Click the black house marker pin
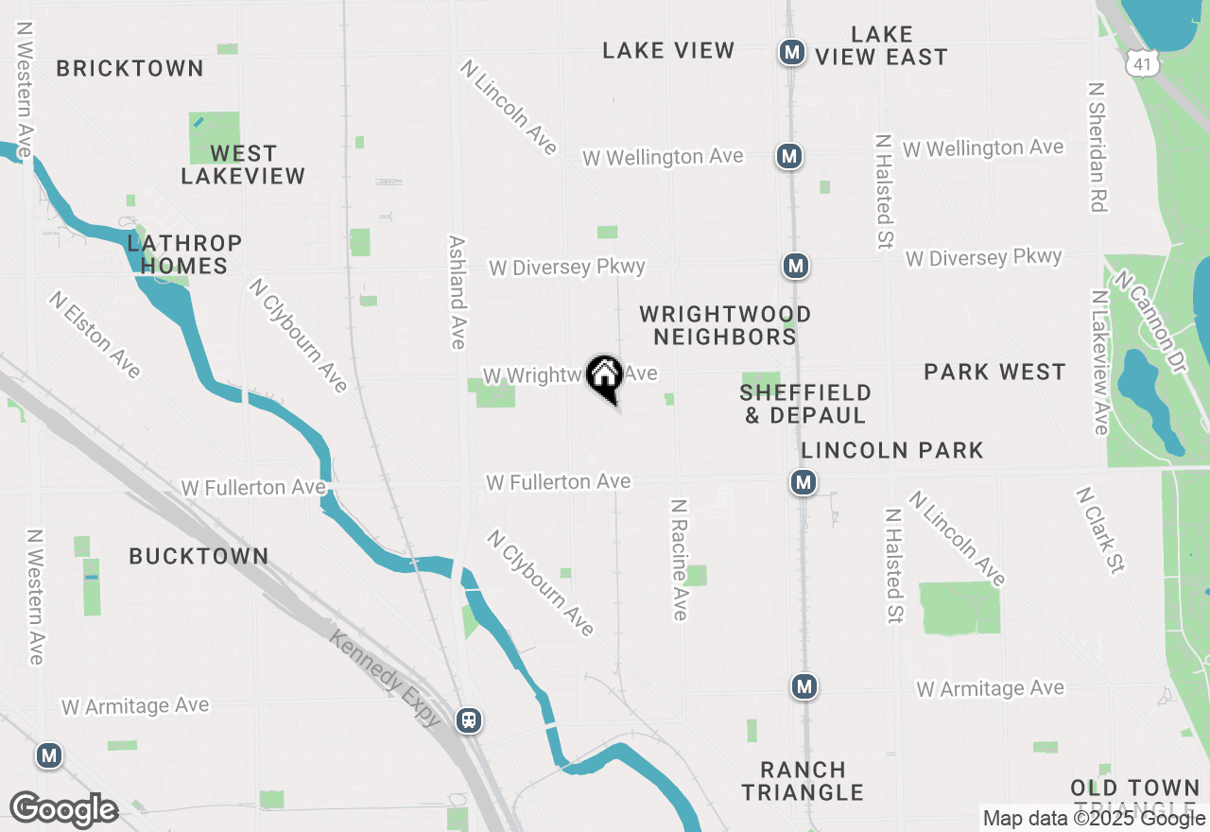(605, 376)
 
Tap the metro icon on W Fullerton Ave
(804, 483)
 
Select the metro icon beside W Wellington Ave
(789, 156)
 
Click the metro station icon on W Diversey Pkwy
(796, 267)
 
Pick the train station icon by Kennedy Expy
(468, 720)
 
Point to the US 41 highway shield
(1143, 63)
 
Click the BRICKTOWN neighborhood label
(130, 68)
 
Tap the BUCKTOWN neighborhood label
(199, 556)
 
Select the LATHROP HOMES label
(184, 254)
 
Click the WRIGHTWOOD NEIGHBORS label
(725, 325)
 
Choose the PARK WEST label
(994, 372)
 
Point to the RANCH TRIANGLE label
(803, 781)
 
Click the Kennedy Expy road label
(386, 678)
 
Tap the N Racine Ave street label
(679, 560)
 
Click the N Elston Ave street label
(95, 334)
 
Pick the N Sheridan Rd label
(1098, 147)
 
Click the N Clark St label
(1100, 530)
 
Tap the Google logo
(63, 809)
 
